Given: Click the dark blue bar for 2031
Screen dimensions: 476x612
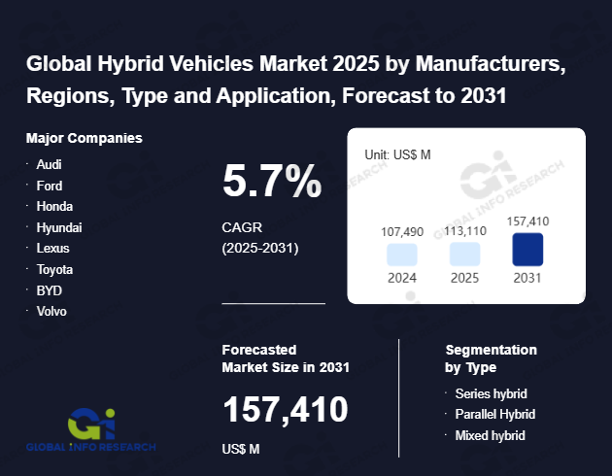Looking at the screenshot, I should tap(527, 250).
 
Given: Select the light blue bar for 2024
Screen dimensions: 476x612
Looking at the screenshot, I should tap(402, 255).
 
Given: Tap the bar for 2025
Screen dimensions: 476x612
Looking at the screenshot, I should tap(464, 255).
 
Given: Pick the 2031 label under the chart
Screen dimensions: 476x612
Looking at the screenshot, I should tap(527, 278).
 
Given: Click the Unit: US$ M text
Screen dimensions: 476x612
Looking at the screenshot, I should tap(397, 154).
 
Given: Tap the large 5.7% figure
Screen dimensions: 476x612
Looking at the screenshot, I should tap(272, 181).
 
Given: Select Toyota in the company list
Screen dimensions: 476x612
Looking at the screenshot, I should tap(54, 269).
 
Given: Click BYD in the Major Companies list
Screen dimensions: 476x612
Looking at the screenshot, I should tap(49, 290).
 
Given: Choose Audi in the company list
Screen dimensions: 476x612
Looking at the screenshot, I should tap(49, 164).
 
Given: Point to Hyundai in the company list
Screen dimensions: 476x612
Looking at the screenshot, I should tap(58, 227).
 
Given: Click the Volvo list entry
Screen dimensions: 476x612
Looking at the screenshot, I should tap(52, 312).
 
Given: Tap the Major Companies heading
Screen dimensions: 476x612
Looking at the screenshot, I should tap(85, 138).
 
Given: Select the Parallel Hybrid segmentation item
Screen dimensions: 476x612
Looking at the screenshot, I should tap(495, 415).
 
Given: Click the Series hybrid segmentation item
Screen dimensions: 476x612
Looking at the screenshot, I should tap(491, 393).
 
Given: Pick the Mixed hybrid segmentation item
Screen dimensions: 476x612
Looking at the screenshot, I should tap(491, 435).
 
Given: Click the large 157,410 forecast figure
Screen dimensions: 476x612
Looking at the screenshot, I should tap(286, 410).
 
